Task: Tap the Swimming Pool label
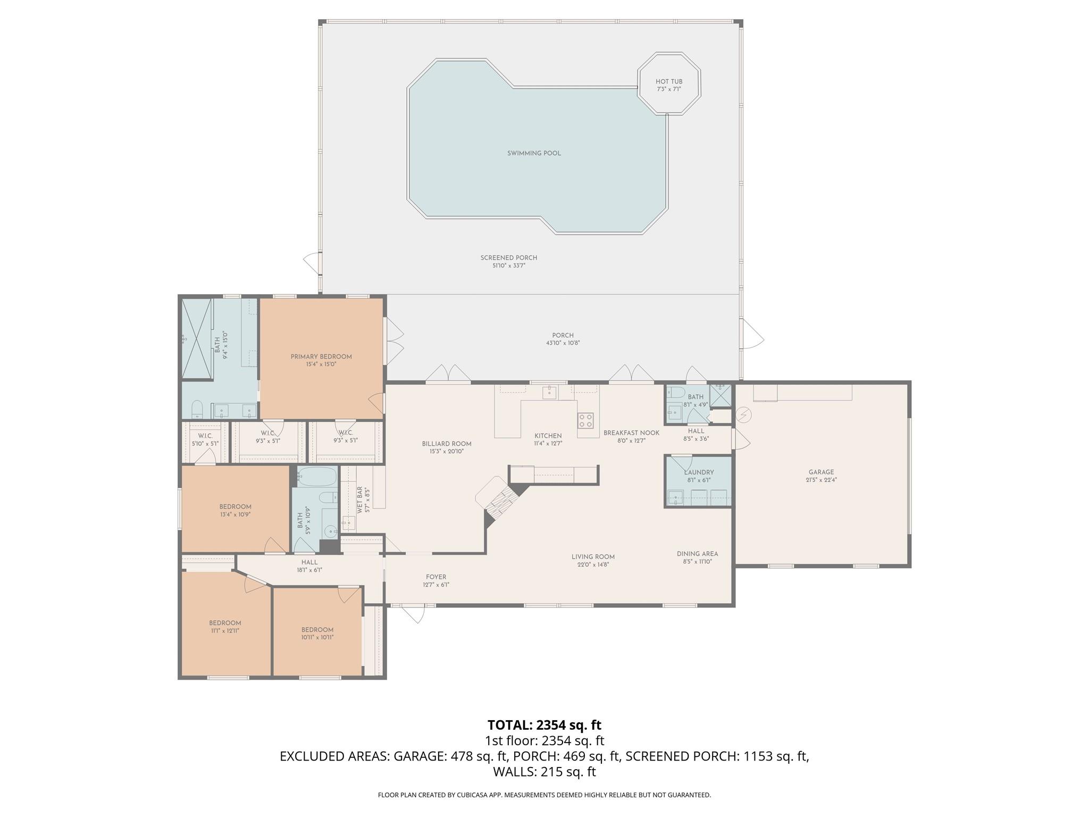click(x=534, y=153)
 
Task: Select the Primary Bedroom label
click(x=321, y=356)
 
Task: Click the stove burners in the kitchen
click(x=585, y=420)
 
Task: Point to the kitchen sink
click(x=549, y=393)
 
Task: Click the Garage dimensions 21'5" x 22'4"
click(x=821, y=480)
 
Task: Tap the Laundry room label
click(x=699, y=472)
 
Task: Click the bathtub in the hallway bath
click(x=317, y=477)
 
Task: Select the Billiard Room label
click(x=447, y=444)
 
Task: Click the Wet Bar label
click(x=360, y=499)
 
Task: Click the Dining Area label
click(x=697, y=554)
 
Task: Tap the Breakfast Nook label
click(x=631, y=433)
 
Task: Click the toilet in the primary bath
click(x=197, y=409)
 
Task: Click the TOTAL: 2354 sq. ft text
click(x=544, y=725)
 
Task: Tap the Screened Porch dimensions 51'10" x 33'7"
click(x=508, y=265)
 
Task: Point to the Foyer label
click(x=436, y=577)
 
